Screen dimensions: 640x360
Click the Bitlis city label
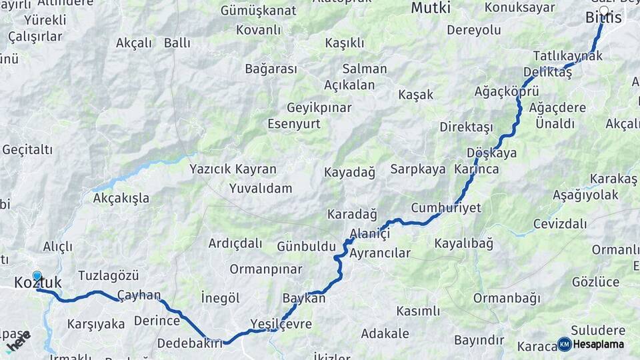[x=603, y=18]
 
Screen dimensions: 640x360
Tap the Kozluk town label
[x=38, y=283]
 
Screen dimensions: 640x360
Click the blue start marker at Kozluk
[x=37, y=276]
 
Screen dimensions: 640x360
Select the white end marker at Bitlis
[x=604, y=11]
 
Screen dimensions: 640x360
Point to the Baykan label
[x=304, y=299]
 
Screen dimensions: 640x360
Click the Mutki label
[x=431, y=8]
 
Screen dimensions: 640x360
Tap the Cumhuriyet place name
[x=446, y=208]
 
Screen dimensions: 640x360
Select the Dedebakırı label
[x=189, y=343]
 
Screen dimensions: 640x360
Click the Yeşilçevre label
[x=281, y=325]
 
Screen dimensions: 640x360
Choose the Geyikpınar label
[x=319, y=108]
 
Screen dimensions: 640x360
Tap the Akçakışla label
[x=121, y=199]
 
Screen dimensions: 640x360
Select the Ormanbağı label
[x=507, y=298]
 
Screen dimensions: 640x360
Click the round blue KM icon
[x=564, y=344]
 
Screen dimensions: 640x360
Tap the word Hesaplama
[x=599, y=345]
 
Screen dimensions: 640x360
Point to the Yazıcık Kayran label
[x=233, y=169]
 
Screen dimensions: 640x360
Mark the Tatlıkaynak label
[x=568, y=55]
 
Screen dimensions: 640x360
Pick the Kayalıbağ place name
[x=464, y=243]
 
